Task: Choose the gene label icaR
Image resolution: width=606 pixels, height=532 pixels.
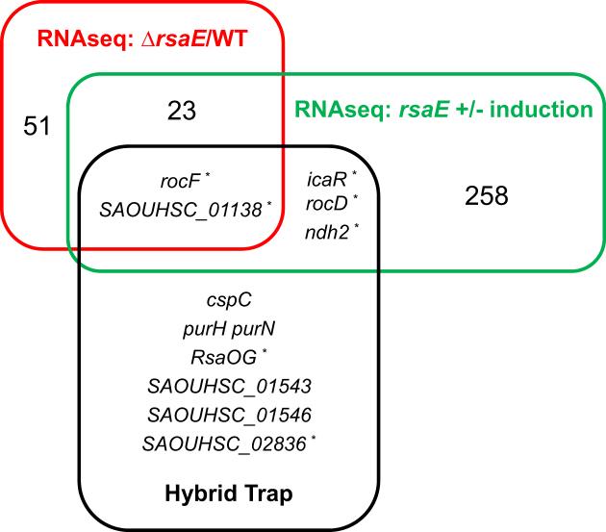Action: point(324,179)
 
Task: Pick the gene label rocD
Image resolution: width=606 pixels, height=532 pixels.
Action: point(324,203)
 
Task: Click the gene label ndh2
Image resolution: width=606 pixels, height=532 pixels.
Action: point(324,228)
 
